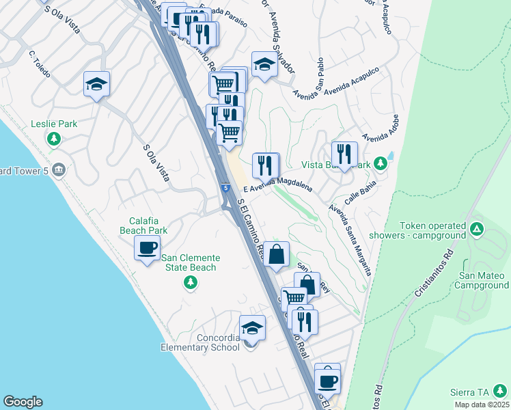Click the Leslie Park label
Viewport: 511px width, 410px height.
tap(54, 124)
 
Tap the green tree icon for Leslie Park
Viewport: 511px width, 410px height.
tap(54, 139)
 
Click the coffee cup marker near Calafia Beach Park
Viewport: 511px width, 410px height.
tap(147, 249)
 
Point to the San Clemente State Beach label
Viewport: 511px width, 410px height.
tap(191, 262)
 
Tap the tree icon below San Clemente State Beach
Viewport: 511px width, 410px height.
tap(191, 283)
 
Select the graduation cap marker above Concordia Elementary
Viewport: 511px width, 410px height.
tap(252, 328)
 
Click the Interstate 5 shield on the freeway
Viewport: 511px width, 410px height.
tap(225, 187)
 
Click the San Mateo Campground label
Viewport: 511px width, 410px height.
tap(483, 280)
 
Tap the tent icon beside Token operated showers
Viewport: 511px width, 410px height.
tap(477, 228)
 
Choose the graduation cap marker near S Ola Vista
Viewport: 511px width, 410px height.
tap(97, 84)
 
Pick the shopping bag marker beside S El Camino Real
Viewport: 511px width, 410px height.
tap(276, 255)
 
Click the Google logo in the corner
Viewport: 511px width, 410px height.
tap(23, 402)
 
